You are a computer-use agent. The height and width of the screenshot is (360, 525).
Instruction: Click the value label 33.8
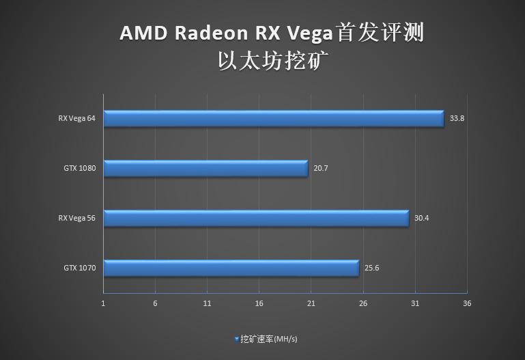[x=457, y=118]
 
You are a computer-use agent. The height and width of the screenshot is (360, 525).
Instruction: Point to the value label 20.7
[x=320, y=168]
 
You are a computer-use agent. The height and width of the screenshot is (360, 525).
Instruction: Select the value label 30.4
[x=421, y=219]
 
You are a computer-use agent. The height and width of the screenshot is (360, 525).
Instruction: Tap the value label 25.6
[x=371, y=268]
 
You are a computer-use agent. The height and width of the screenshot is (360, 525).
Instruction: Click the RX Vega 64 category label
[x=76, y=118]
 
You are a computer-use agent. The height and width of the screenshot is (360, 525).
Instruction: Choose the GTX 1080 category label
[x=80, y=168]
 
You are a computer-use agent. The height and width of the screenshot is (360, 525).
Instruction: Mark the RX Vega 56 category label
[x=76, y=219]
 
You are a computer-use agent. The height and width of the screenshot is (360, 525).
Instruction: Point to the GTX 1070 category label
[x=80, y=268]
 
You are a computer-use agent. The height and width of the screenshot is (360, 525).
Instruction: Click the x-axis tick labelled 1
[x=103, y=303]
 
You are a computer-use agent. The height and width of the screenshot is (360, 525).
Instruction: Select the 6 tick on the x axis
[x=155, y=303]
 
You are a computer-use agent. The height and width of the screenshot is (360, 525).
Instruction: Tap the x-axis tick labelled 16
[x=259, y=303]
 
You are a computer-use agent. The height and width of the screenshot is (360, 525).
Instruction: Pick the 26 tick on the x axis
[x=363, y=303]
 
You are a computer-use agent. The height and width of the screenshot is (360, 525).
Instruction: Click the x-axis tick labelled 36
[x=466, y=303]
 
